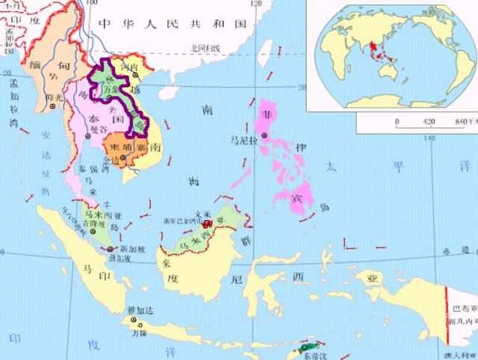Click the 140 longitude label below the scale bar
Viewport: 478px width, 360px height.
click(x=428, y=137)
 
